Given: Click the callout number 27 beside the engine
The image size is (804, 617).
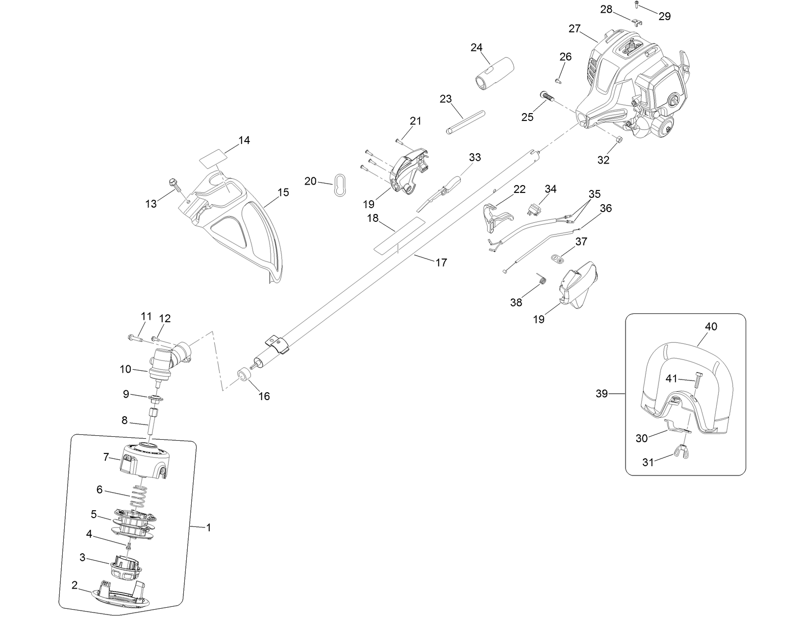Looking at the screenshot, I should tap(575, 28).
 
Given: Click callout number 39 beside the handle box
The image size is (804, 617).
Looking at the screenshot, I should tap(602, 393).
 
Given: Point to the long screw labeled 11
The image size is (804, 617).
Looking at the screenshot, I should tap(134, 337).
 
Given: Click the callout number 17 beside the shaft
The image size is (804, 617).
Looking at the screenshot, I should tap(441, 262).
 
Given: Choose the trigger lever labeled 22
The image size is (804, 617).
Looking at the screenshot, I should tap(496, 216).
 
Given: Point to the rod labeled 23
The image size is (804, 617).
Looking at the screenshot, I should tap(466, 121).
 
